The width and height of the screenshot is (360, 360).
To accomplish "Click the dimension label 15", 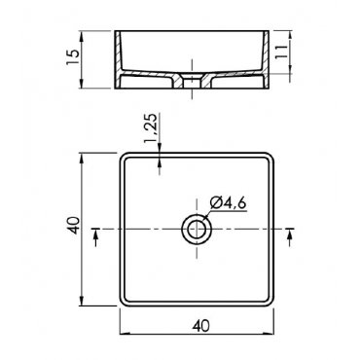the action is click(x=73, y=57).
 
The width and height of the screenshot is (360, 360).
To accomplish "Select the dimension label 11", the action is click(x=281, y=52).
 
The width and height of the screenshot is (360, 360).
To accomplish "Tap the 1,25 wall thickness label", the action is click(x=151, y=128).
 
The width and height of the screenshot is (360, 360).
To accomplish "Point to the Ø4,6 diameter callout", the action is click(x=229, y=203).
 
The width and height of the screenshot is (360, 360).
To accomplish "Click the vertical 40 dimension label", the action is click(x=73, y=226).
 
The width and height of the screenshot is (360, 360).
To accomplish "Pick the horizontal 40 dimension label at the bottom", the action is click(x=201, y=325).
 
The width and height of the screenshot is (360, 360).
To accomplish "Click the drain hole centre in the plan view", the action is click(x=197, y=230).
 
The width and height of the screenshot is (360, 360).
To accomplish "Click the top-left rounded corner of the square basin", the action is click(x=123, y=156).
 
